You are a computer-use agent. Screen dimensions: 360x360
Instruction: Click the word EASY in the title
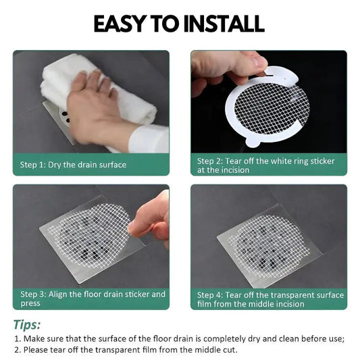point(120,24)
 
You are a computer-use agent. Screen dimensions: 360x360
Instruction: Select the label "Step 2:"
point(210,161)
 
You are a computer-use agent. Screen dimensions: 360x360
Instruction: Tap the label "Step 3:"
point(33,294)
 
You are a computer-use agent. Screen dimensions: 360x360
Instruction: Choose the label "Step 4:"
point(210,294)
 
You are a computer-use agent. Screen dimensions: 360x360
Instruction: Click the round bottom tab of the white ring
point(253,141)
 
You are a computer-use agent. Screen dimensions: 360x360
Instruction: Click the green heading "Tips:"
point(27,325)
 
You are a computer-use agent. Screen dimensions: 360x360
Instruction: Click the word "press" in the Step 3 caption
point(30,303)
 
